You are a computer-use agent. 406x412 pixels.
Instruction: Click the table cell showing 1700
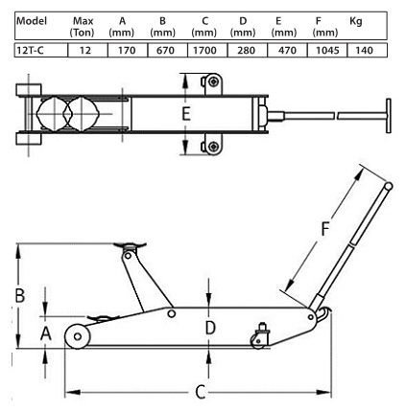point(204,50)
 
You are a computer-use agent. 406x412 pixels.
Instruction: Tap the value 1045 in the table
point(327,50)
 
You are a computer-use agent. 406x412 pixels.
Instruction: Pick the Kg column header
point(356,21)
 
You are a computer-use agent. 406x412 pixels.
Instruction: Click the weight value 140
point(364,50)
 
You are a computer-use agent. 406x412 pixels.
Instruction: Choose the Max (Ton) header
point(83,27)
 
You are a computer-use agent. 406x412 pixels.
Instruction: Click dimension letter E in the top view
point(186,114)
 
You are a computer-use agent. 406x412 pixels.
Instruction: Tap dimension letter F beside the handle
point(325,229)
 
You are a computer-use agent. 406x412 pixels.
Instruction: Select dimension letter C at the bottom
point(201,392)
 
